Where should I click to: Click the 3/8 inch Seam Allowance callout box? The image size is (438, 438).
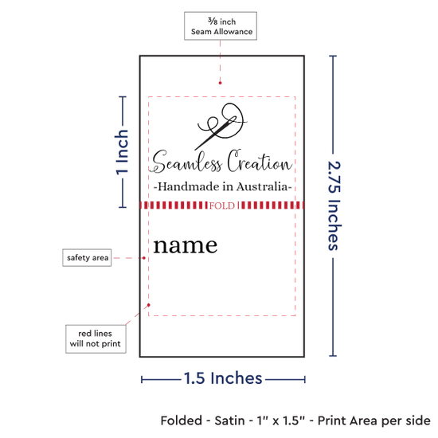coord(221,26)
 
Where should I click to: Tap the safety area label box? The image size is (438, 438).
coord(87,257)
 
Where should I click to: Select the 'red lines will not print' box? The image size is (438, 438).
coord(96,338)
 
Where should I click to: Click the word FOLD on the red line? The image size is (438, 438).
coord(222,206)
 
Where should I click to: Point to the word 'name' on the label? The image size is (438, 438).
coord(186,245)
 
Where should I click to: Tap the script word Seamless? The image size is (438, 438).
coord(186,162)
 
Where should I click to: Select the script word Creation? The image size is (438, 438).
coord(260,161)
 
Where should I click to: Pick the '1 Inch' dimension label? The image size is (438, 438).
coord(122,152)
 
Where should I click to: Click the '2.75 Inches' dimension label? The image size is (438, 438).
coord(334,205)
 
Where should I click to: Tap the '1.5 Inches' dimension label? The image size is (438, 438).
coord(223,378)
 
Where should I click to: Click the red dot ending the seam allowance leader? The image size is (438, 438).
coord(220,83)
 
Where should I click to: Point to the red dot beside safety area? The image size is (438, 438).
coord(144,258)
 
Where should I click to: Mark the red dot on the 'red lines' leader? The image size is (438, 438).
coord(149,305)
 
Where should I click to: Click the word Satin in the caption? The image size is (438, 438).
coord(229,420)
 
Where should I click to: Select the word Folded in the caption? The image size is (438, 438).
coord(182,420)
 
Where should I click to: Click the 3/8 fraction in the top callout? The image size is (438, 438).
coord(213,21)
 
